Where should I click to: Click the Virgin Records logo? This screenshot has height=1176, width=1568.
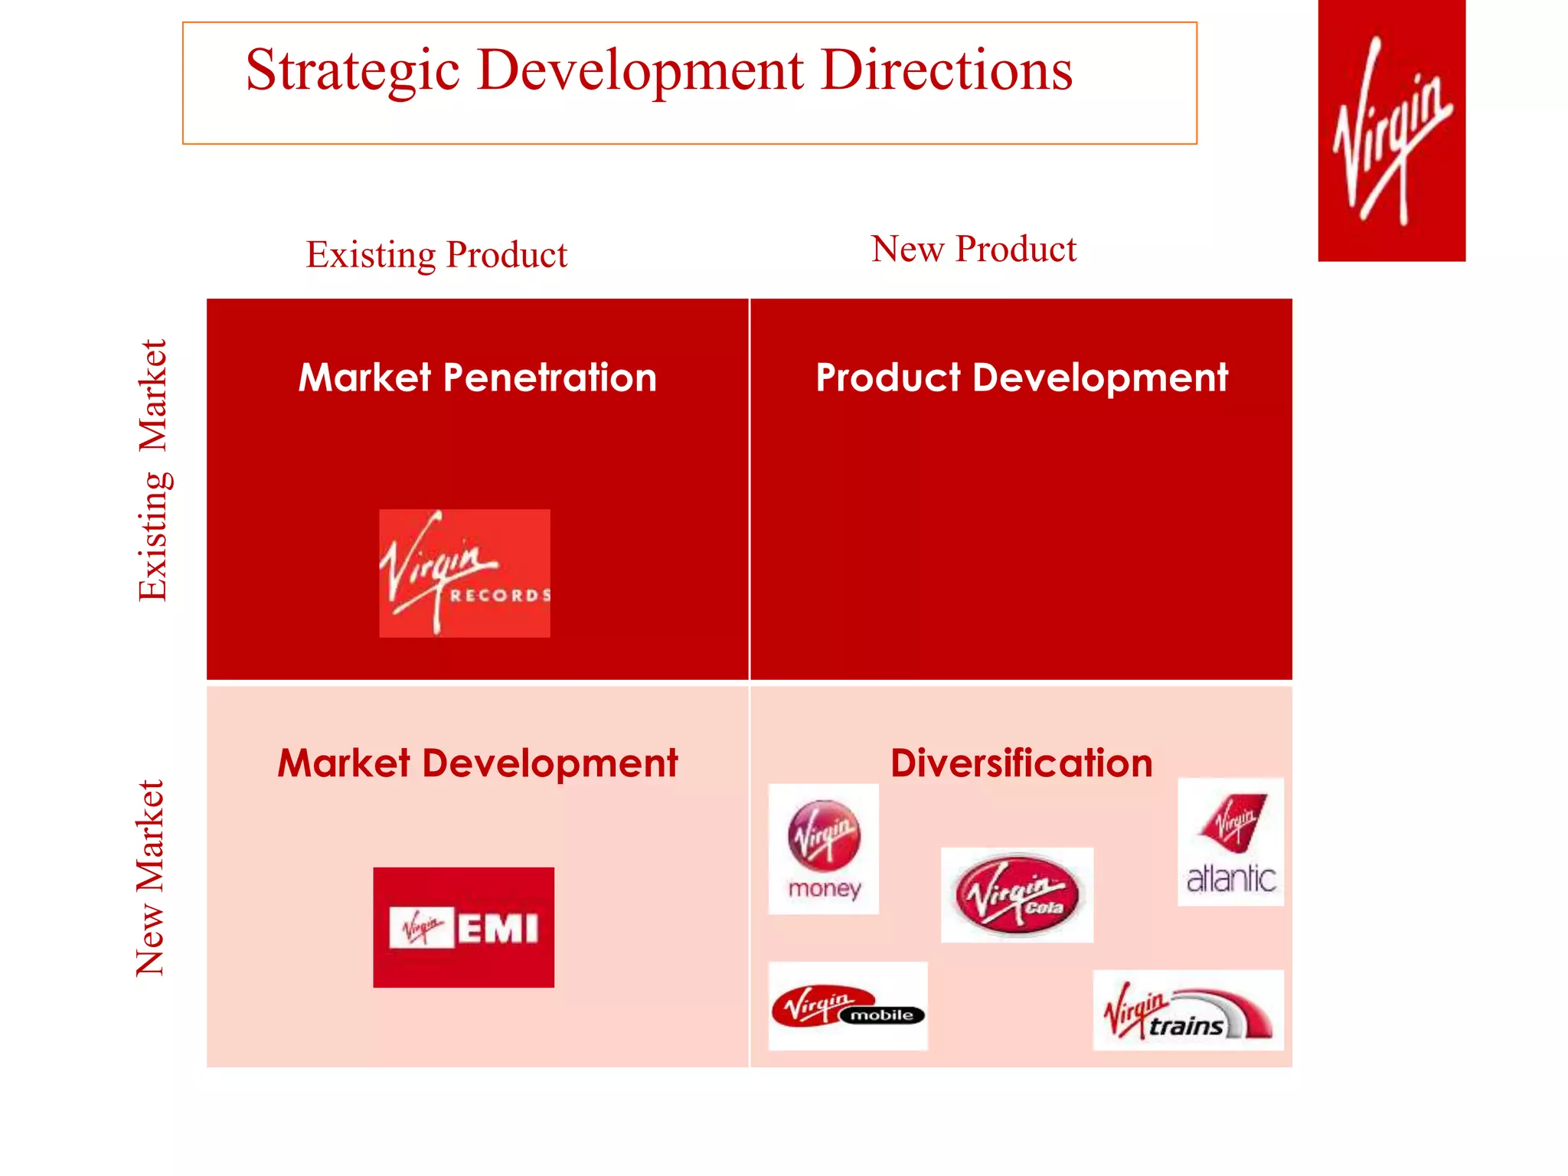[x=464, y=573]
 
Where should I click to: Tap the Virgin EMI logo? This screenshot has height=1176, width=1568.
[x=463, y=927]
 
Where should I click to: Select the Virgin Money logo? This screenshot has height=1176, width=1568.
[x=824, y=848]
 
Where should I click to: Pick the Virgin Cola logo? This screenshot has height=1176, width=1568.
[x=1017, y=894]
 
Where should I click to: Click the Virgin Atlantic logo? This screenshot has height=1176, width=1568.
[x=1230, y=842]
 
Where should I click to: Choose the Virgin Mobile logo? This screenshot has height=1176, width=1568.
[x=848, y=1006]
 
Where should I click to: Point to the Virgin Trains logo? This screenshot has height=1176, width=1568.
[x=1187, y=1010]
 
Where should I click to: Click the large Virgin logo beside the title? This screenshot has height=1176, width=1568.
[x=1391, y=130]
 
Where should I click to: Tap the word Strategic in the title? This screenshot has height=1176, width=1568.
[x=353, y=70]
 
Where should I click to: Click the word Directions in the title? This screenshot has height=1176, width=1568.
[x=946, y=70]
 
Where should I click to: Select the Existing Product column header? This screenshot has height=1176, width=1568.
[x=436, y=254]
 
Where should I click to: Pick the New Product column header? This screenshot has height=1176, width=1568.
[x=974, y=249]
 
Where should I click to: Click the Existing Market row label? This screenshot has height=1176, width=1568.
[x=153, y=469]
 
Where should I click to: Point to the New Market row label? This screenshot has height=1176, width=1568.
[x=150, y=877]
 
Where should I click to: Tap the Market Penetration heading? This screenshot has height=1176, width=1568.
[x=478, y=377]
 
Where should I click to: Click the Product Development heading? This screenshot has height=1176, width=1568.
[x=1021, y=377]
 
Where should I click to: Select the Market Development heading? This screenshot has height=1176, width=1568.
[x=478, y=763]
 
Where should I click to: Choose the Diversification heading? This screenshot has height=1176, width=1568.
[x=1021, y=763]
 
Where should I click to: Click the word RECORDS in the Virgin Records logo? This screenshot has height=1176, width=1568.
[x=499, y=596]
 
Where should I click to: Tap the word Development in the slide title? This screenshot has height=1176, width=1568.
[x=640, y=70]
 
